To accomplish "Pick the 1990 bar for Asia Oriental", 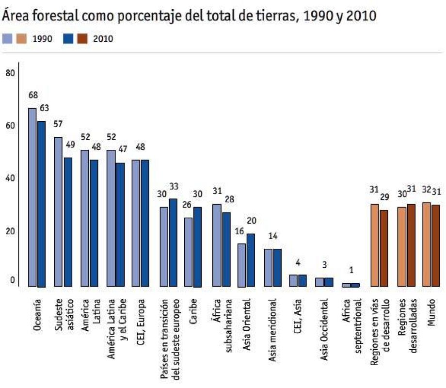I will (x=241, y=265).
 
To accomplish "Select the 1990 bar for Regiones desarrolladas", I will (x=402, y=247).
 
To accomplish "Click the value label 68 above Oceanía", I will (x=32, y=95).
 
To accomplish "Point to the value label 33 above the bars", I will (x=174, y=187).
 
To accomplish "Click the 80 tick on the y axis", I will (x=10, y=73).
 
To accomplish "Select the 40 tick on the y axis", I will (x=10, y=178).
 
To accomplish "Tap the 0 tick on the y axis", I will (x=12, y=281).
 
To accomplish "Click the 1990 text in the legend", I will (x=42, y=39).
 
